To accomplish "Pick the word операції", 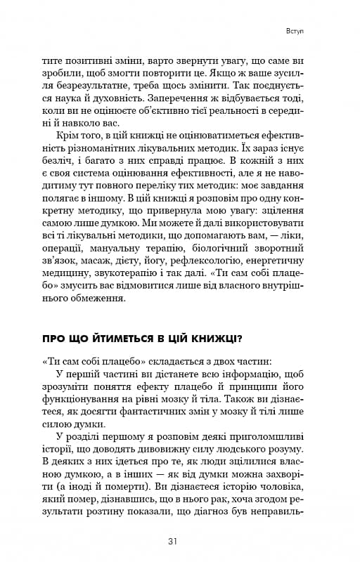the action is click(64, 248).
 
